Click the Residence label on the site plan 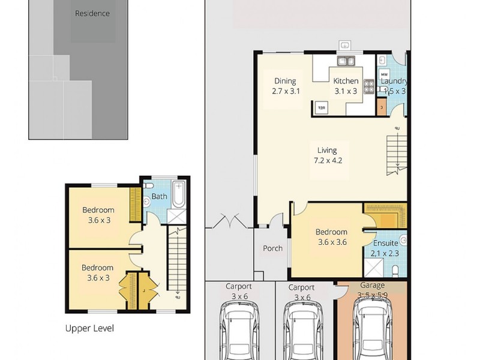pyautogui.click(x=92, y=13)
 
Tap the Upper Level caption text pyautogui.click(x=89, y=328)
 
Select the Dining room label pyautogui.click(x=285, y=86)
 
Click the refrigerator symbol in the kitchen pyautogui.click(x=322, y=107)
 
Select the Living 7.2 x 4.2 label pyautogui.click(x=328, y=155)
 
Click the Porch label pyautogui.click(x=272, y=249)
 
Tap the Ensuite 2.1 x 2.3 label pyautogui.click(x=385, y=248)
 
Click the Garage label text pyautogui.click(x=372, y=286)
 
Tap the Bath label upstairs pyautogui.click(x=159, y=196)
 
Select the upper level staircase pyautogui.click(x=177, y=264)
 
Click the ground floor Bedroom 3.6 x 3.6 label pyautogui.click(x=331, y=237)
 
